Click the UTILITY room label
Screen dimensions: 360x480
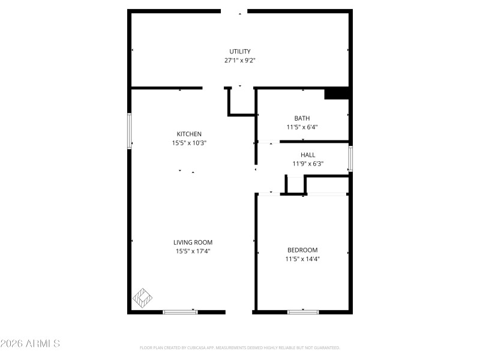point(240,51)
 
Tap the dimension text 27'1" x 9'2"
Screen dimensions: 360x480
point(240,60)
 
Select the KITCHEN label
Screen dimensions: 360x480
point(189,134)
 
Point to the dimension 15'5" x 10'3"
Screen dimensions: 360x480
point(189,143)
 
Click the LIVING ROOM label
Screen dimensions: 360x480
point(192,242)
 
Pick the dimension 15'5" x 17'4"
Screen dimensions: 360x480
point(192,251)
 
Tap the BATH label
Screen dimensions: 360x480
point(302,118)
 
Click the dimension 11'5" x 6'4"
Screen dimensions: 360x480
point(302,127)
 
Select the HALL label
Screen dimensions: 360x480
point(308,155)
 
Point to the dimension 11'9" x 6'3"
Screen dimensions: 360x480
point(308,164)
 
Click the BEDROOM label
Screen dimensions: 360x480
point(302,250)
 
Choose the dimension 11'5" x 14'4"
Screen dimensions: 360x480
point(302,259)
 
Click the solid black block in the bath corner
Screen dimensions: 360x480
point(337,94)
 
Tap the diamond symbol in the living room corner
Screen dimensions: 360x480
point(143,296)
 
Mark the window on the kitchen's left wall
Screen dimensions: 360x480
point(129,131)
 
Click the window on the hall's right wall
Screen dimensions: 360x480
point(350,158)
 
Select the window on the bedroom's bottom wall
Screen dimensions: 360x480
point(303,311)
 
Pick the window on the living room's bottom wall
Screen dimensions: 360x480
point(181,311)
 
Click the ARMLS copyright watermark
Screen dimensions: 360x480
point(30,344)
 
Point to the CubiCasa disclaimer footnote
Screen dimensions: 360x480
point(240,348)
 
